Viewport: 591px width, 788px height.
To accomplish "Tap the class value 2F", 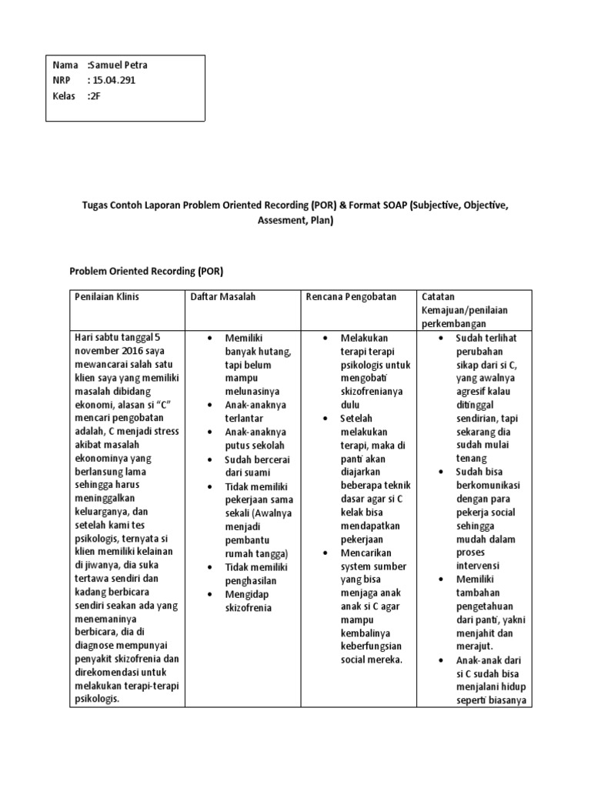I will click(x=95, y=95).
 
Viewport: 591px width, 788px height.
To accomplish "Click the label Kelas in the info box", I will click(x=65, y=95).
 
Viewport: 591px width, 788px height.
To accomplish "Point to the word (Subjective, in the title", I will click(x=437, y=207).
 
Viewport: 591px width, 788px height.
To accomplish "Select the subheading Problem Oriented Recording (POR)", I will click(x=145, y=272).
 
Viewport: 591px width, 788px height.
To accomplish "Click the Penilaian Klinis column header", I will click(x=107, y=297).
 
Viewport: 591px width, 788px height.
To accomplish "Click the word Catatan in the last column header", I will click(x=439, y=297).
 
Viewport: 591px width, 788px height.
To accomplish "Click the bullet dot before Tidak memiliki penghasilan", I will click(x=209, y=567).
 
